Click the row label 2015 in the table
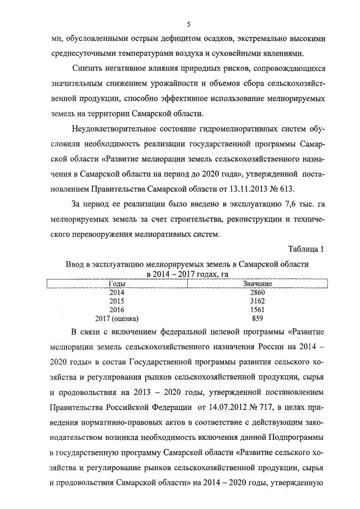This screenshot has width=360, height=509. (117, 301)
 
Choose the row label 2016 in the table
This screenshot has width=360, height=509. (117, 310)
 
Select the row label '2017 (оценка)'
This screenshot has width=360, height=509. (117, 318)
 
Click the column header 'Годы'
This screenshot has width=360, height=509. (117, 285)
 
